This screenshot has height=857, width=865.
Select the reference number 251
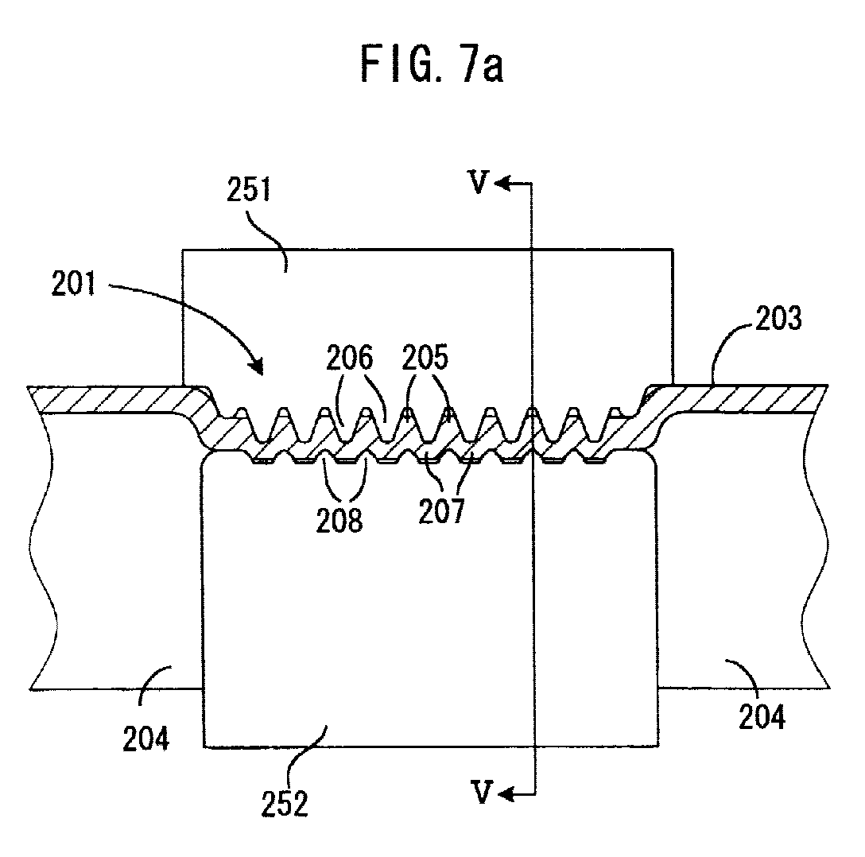[250, 190]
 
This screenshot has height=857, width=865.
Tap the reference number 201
[73, 284]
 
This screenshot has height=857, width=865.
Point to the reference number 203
[778, 319]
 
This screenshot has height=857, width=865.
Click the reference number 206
[349, 358]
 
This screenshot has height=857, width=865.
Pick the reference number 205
[425, 358]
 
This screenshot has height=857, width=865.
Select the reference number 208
[339, 520]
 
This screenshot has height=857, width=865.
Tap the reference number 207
[441, 510]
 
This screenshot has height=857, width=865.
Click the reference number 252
[284, 805]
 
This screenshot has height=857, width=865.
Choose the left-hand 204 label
[145, 739]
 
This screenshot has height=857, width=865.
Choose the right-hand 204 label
[762, 717]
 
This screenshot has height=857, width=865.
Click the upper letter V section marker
[478, 183]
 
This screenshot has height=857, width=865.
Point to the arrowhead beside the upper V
[502, 183]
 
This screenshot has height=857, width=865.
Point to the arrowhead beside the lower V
[506, 794]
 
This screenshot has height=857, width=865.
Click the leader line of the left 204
[153, 681]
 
